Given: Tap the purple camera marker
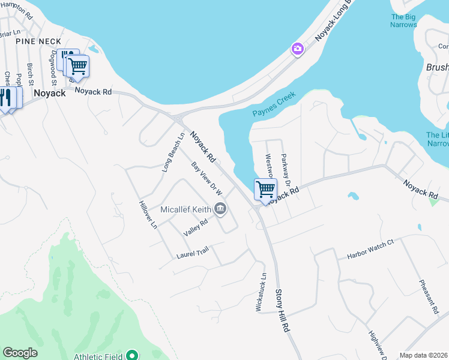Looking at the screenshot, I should (297, 49).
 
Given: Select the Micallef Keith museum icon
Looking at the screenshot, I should (220, 209).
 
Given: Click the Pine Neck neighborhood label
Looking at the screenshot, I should (38, 41).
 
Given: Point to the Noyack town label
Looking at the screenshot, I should (49, 93).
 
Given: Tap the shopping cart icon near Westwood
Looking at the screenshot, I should (265, 190).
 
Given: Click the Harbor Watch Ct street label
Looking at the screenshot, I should (370, 250).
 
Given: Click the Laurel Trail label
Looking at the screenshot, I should (192, 254).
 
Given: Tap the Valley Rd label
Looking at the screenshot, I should (196, 226).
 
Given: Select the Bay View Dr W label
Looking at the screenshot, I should (207, 178).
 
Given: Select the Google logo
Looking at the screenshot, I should (20, 353).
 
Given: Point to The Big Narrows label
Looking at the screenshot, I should (403, 21).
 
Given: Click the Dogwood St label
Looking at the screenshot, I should (53, 65).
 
